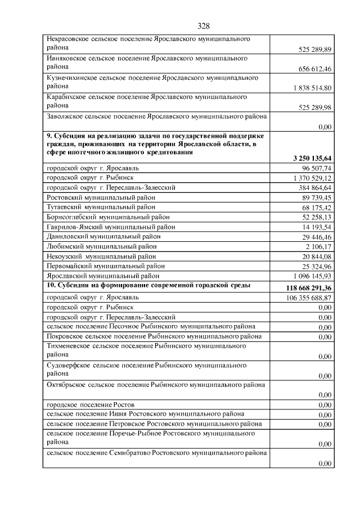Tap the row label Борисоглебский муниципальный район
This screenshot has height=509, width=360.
[108, 217]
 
